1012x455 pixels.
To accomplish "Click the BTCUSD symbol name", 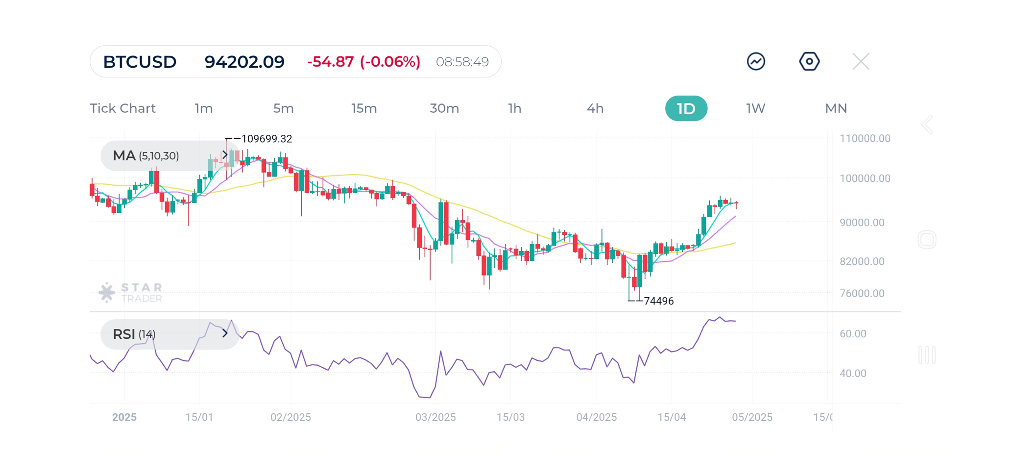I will click(x=140, y=62).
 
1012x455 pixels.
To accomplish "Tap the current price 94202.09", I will click(x=244, y=62).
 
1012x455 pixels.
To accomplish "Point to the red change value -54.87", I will click(x=330, y=62).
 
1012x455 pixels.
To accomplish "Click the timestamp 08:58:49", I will click(x=462, y=62).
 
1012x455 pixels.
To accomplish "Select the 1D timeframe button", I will click(x=686, y=108).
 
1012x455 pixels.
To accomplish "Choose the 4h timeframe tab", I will click(x=595, y=108).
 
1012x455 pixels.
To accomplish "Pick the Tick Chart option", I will click(x=122, y=108).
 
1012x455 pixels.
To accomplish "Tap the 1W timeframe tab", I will click(x=755, y=108).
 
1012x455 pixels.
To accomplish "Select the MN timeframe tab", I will click(x=836, y=108).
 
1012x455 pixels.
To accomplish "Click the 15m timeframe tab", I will click(x=364, y=108).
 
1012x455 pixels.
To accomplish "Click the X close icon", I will click(x=861, y=62).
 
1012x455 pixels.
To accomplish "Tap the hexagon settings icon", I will click(x=809, y=62).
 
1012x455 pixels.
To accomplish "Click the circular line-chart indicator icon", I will click(x=756, y=62).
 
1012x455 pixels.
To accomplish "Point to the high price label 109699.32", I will click(x=266, y=139).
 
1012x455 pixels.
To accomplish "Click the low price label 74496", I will click(x=658, y=301).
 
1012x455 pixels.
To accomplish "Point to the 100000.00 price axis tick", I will click(x=865, y=178).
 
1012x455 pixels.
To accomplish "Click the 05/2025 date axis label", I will click(x=752, y=417).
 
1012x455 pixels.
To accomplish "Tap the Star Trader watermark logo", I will click(x=130, y=293).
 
